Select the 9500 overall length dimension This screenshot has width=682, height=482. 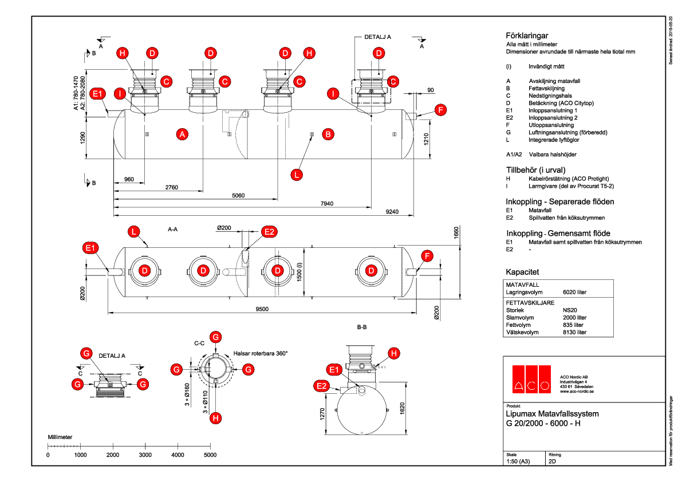(x=262, y=309)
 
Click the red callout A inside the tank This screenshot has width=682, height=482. (x=182, y=135)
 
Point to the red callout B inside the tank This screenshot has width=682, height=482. (x=328, y=135)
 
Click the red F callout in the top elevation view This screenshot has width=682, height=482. (x=439, y=110)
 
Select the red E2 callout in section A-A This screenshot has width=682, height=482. (x=269, y=232)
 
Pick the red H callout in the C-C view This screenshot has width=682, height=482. (x=215, y=418)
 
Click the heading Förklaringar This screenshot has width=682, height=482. (x=527, y=35)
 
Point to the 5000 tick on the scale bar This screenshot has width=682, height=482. (x=210, y=455)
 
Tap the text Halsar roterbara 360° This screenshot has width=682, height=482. (x=261, y=353)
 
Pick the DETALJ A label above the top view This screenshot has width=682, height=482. (x=377, y=37)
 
